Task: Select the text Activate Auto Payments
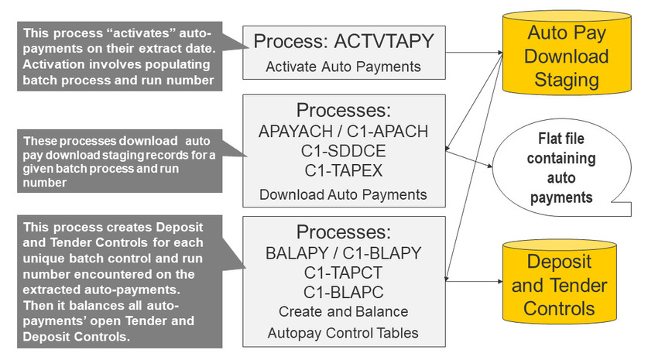coord(343,67)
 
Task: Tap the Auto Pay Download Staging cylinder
coord(568,57)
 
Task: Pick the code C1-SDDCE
coord(343,150)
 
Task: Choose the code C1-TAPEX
coord(343,170)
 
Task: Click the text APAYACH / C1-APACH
coord(343,131)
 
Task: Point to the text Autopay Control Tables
coord(343,333)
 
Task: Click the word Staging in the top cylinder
coord(568,80)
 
